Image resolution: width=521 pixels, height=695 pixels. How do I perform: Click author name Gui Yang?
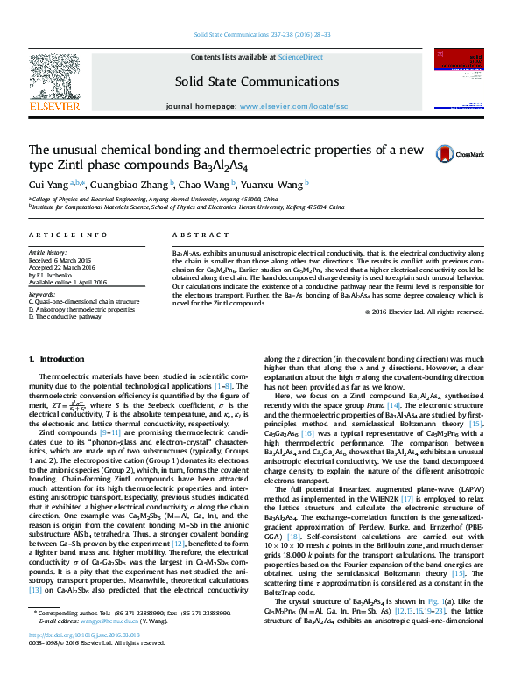[47, 185]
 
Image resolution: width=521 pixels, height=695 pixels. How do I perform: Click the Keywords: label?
[42, 295]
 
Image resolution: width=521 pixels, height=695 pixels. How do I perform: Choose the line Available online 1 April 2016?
[68, 282]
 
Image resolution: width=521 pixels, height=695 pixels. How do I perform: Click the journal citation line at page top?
[260, 37]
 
